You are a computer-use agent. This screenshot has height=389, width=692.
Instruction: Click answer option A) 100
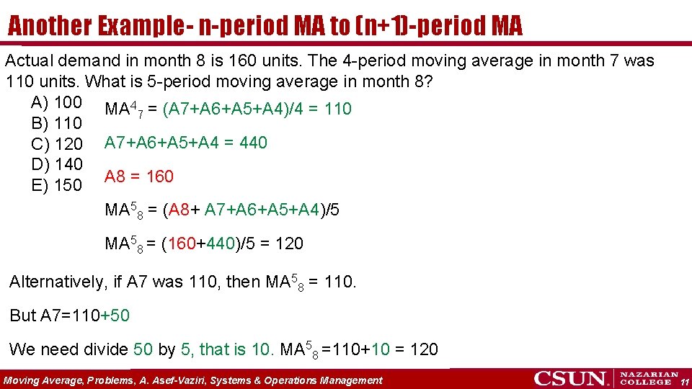tap(56, 102)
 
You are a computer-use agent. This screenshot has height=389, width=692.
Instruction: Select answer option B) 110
tap(56, 124)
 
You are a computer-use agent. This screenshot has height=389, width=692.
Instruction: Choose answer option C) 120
tap(57, 144)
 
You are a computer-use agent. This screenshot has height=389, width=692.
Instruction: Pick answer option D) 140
tap(57, 164)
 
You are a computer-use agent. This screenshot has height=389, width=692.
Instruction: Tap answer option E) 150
tap(57, 185)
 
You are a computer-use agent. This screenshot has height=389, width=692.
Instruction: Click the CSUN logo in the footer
tap(572, 378)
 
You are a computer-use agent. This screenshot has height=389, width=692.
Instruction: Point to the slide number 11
tap(685, 380)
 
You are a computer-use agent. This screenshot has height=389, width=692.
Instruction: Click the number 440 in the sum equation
tap(253, 143)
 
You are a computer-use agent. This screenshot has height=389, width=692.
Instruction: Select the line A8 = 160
tap(139, 176)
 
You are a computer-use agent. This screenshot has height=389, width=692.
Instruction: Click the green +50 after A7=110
tap(115, 316)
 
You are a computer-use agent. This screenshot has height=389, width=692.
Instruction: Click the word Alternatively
tap(56, 282)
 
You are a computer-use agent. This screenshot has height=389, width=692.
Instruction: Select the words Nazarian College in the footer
tap(649, 378)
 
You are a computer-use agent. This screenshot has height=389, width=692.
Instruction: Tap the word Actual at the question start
tap(27, 61)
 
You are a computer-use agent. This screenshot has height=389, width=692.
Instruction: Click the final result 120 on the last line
tap(424, 349)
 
